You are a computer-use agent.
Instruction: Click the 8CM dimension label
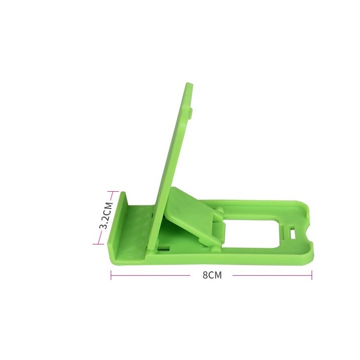(211, 275)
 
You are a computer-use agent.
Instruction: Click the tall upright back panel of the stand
(173, 153)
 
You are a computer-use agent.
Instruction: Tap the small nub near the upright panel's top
(190, 113)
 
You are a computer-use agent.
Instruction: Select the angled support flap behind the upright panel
(189, 211)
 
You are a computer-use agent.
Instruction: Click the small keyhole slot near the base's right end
(292, 235)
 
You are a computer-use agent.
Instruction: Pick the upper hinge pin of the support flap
(220, 211)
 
